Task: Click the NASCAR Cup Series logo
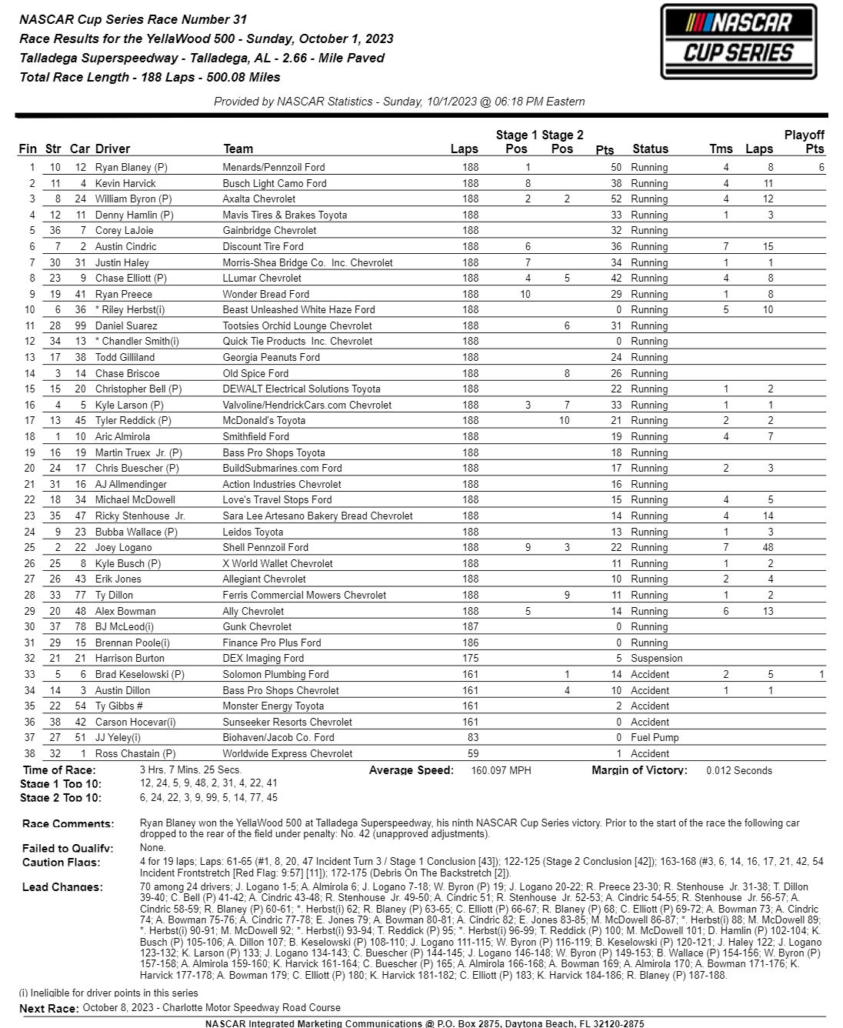click(x=738, y=42)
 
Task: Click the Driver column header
click(x=112, y=149)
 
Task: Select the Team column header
click(x=238, y=149)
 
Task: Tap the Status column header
click(x=650, y=149)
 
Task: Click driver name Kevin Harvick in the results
click(x=125, y=183)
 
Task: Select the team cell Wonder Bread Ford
click(x=266, y=294)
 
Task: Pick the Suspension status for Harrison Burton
click(x=656, y=659)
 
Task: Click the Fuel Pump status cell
click(x=654, y=738)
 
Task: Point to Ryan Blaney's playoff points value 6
click(x=821, y=167)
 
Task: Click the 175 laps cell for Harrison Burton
click(x=470, y=659)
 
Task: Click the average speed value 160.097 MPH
click(x=501, y=770)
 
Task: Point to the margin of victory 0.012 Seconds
click(x=738, y=770)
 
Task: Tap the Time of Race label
click(x=59, y=770)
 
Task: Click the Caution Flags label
click(x=62, y=863)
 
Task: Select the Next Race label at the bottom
click(x=48, y=1008)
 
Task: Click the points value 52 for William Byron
click(x=615, y=199)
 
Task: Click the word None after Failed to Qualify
click(x=152, y=848)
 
